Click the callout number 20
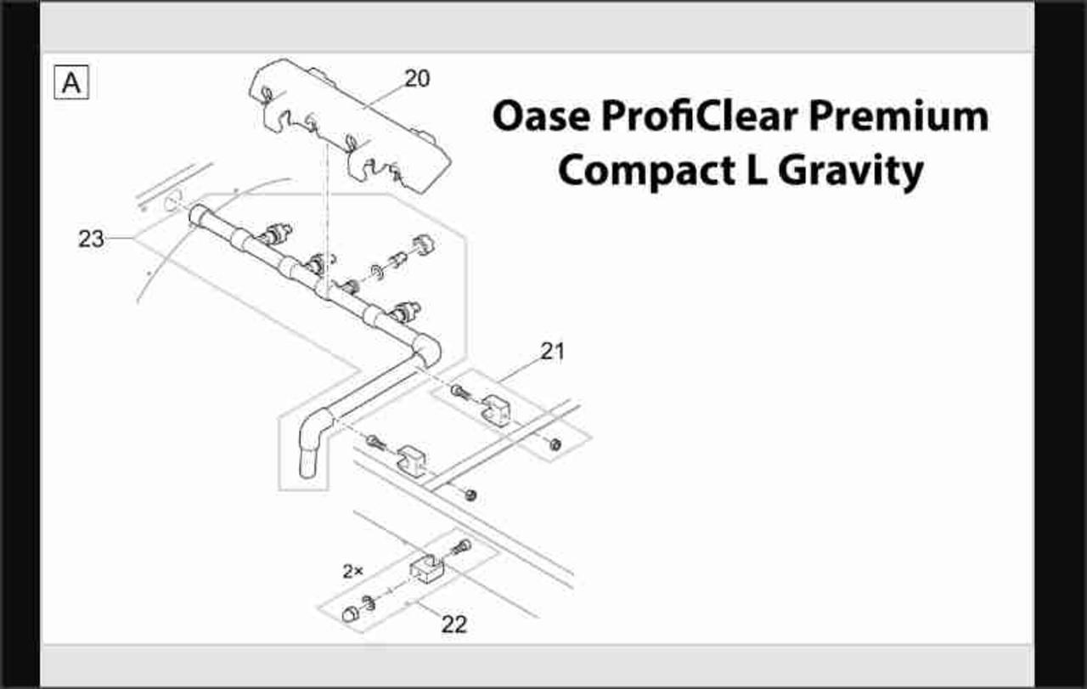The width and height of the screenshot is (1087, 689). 417,79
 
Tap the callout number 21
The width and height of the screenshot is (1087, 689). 553,351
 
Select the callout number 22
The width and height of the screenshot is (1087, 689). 454,624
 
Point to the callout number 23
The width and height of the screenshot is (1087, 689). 91,239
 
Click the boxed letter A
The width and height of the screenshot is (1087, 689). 71,82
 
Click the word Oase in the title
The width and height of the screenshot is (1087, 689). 542,116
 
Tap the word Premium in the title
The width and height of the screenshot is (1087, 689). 898,116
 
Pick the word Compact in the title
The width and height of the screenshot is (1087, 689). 646,171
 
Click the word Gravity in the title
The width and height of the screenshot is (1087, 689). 851,172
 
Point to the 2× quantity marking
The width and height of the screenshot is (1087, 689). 352,571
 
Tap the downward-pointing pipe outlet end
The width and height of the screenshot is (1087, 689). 307,464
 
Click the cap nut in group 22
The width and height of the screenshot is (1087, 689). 350,613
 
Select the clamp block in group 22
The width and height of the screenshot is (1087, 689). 426,568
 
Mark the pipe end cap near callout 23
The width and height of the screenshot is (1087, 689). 199,214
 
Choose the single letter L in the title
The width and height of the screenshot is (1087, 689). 757,170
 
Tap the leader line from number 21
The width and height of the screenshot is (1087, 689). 521,371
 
